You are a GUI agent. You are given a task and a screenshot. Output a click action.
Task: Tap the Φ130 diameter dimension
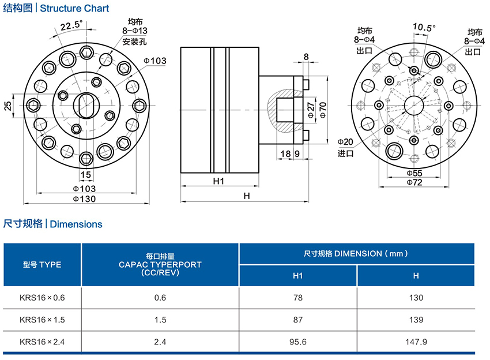click(x=84, y=198)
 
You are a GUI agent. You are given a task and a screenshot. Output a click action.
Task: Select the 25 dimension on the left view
click(x=7, y=106)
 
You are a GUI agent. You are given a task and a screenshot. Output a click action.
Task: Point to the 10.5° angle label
click(x=424, y=27)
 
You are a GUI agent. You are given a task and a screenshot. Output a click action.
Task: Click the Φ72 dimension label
click(x=414, y=182)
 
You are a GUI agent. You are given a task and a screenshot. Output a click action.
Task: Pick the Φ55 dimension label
click(x=414, y=173)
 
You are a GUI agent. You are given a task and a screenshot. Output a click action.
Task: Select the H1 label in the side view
click(x=218, y=181)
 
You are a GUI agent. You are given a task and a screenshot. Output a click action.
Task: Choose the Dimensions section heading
click(x=76, y=224)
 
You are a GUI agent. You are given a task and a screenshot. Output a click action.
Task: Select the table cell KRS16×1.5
click(x=43, y=319)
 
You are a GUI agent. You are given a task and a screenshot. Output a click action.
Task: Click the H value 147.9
click(x=416, y=342)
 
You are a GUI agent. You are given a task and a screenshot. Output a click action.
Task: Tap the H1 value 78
click(x=297, y=297)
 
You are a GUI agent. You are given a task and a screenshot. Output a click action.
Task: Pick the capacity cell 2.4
click(x=160, y=342)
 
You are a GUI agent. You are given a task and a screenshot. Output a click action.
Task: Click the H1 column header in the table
click(x=297, y=275)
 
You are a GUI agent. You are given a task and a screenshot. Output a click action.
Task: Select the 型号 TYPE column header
click(x=42, y=265)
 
